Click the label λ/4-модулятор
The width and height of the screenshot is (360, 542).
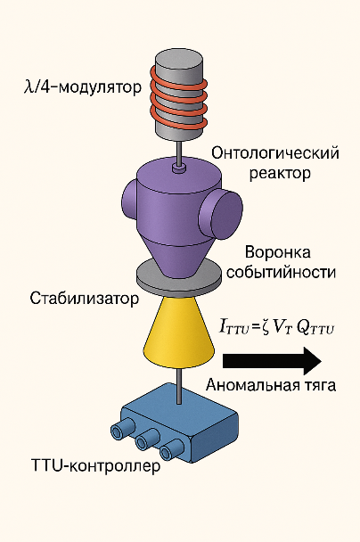(x=83, y=87)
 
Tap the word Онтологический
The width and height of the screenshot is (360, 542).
(x=275, y=153)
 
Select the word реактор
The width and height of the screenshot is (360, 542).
(x=280, y=173)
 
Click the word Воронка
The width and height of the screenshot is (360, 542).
(x=278, y=252)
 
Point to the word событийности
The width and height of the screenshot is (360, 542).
(x=281, y=273)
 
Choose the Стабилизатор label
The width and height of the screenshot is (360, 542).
(x=85, y=298)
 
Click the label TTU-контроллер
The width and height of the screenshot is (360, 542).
(x=95, y=465)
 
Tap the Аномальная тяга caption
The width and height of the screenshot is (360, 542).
(x=271, y=385)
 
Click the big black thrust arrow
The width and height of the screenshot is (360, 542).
(x=272, y=361)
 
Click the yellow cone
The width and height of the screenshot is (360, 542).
(x=178, y=333)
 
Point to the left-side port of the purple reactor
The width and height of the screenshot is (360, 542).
(x=129, y=200)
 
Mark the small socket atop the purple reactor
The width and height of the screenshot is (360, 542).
(x=179, y=168)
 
